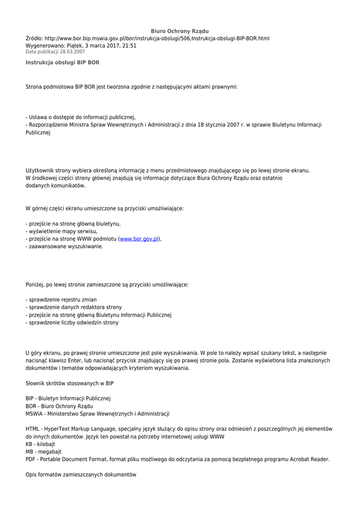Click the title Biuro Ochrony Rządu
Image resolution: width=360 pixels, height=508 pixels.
point(180,31)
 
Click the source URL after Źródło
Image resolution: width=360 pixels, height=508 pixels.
point(157,38)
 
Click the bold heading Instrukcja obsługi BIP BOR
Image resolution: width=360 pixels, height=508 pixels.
point(63,63)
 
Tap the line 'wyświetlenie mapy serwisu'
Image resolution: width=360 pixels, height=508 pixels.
point(62,231)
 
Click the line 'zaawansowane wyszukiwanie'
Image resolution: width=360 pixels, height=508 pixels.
point(65,246)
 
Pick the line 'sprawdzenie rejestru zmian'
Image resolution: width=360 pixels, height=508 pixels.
point(61,300)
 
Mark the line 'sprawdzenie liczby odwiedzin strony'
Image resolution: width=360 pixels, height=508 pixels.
point(72,322)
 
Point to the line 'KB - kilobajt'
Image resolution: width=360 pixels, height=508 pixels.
point(40,444)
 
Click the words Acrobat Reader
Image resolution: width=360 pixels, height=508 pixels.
point(310,459)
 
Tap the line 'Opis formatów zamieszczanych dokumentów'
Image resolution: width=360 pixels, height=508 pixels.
point(80,475)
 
